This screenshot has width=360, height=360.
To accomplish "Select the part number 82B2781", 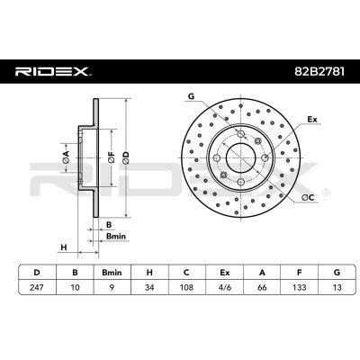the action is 319,72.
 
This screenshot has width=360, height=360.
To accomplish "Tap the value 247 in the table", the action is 37,287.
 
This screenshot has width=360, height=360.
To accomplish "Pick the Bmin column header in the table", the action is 112,273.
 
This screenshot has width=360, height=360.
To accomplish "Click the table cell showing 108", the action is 186,287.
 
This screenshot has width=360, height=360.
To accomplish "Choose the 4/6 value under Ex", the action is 224,287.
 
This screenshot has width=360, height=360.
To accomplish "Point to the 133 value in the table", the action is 300,287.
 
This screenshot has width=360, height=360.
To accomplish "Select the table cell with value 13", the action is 337,287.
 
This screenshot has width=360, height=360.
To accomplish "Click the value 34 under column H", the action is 149,287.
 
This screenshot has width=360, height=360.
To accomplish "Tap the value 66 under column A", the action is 262,287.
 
